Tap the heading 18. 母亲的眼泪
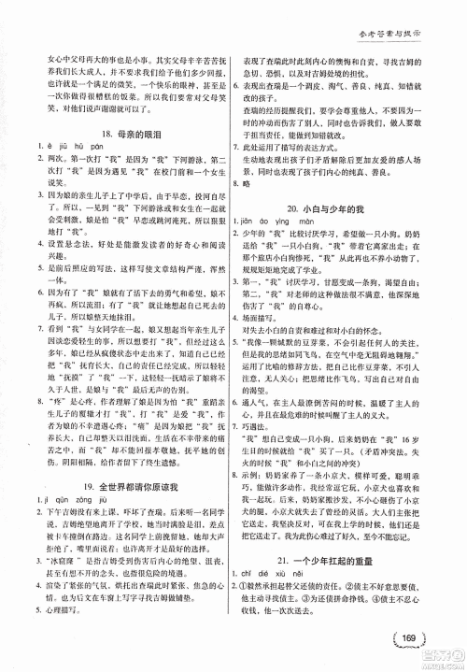tap(115, 150)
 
